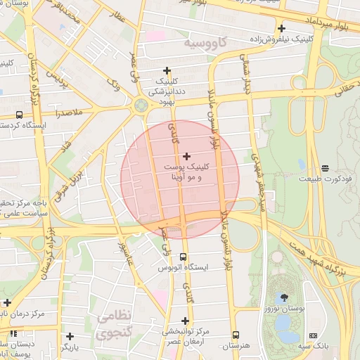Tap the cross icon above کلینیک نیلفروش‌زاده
(281, 29)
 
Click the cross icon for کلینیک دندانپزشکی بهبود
(167, 70)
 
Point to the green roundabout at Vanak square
(140, 106)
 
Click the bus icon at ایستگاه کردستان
(18, 115)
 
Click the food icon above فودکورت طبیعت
(324, 168)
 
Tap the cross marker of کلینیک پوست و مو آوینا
(186, 156)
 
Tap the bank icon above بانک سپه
(313, 335)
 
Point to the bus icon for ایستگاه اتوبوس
(184, 257)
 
